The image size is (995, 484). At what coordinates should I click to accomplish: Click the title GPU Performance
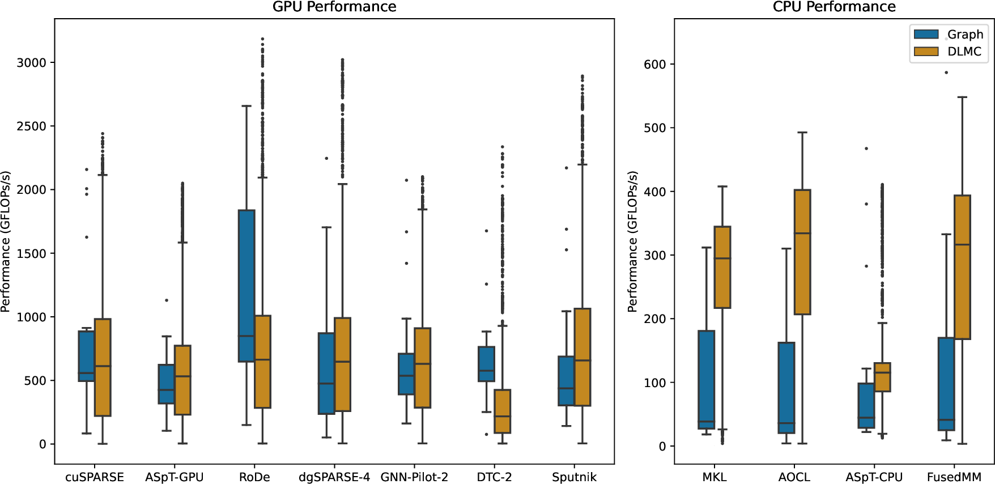coord(334,7)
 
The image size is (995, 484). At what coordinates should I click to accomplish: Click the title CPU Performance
coord(834,7)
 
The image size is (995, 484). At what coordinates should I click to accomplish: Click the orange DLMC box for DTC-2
coord(503,411)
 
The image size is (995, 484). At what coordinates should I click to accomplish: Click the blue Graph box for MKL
coord(707,380)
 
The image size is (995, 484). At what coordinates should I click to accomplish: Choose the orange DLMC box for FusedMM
coord(962,266)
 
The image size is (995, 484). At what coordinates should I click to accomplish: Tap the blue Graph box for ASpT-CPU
coord(866,405)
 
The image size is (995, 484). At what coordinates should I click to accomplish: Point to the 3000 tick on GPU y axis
coord(31,63)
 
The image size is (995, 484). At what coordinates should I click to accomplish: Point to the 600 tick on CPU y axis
coord(654,65)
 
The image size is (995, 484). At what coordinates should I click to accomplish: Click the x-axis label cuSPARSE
coord(95,477)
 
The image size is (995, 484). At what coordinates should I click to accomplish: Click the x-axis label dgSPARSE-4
coord(334,477)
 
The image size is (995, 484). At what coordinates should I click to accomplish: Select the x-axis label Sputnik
coord(574,477)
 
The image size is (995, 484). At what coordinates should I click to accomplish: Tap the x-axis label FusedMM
coord(954,477)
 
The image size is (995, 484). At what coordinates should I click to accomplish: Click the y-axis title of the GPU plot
coord(6,241)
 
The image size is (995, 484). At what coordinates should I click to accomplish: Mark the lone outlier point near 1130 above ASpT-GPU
coord(167,300)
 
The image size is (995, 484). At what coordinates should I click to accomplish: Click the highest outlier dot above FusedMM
coord(946,73)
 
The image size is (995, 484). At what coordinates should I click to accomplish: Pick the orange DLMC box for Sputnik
coord(582,357)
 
